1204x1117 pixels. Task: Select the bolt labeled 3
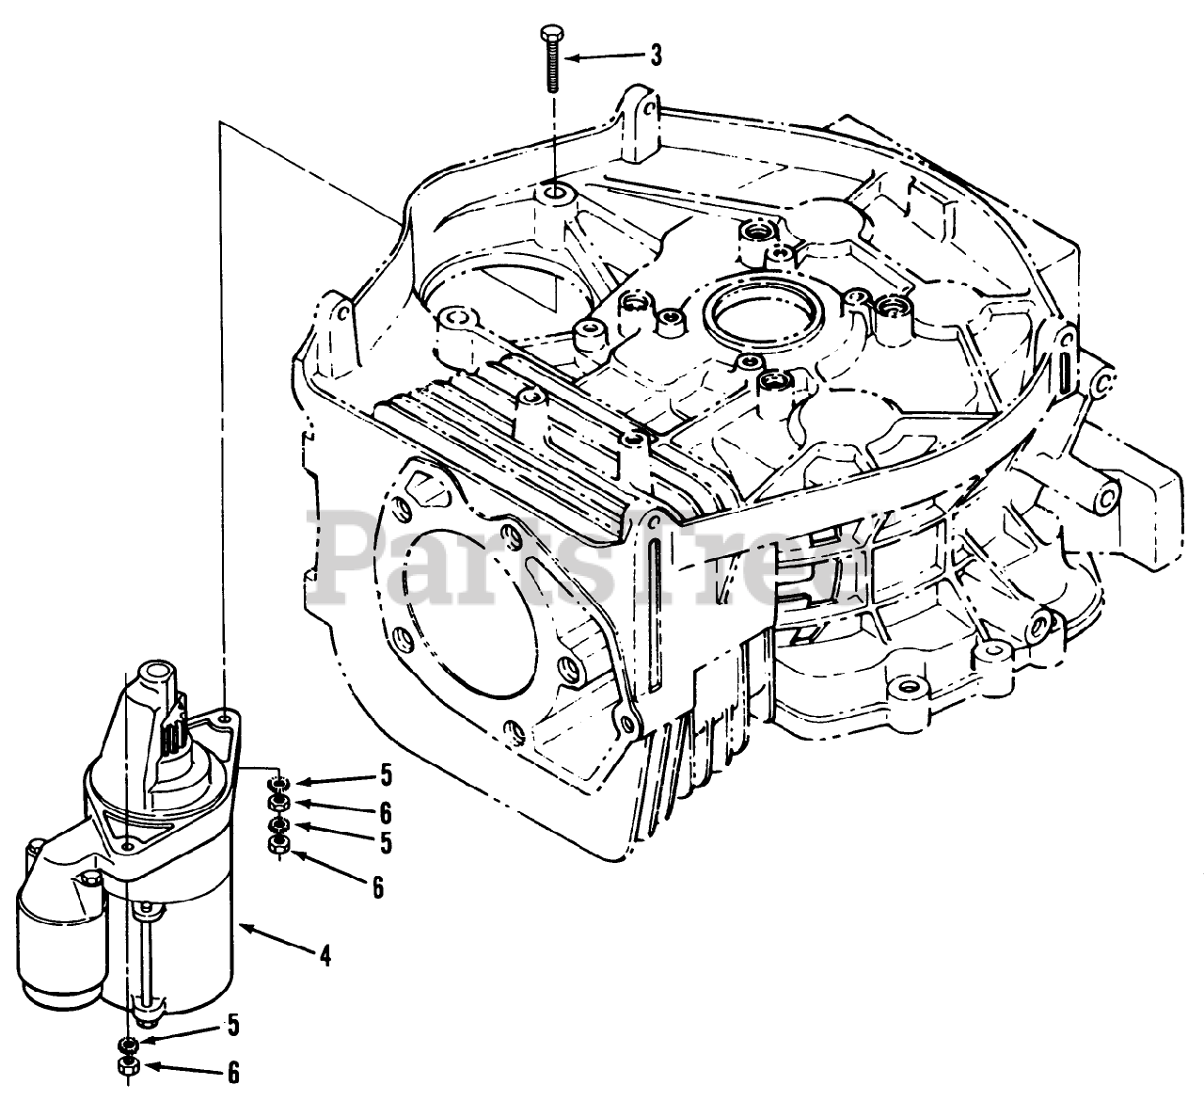[550, 59]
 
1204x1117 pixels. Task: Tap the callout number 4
[325, 956]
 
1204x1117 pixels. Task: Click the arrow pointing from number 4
[273, 938]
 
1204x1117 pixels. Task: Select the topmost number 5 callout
[385, 777]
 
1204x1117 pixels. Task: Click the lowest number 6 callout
[232, 1072]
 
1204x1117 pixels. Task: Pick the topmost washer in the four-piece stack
[277, 783]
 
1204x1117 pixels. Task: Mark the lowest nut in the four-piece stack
[277, 844]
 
